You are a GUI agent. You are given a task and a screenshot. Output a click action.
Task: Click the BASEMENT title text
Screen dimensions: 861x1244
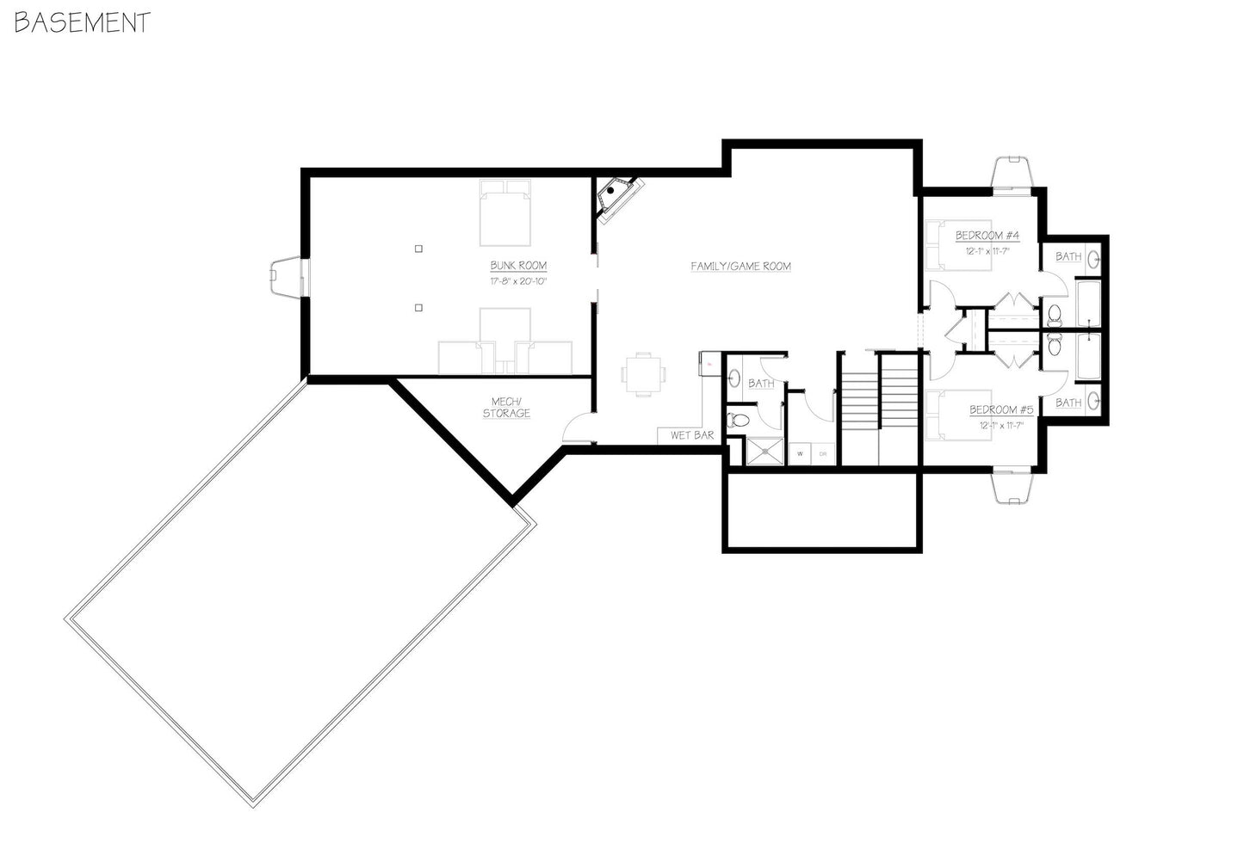83,22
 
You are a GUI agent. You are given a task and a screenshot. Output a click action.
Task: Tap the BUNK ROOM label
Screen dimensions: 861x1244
518,266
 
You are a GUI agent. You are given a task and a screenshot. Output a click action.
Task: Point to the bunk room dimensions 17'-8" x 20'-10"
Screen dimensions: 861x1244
518,281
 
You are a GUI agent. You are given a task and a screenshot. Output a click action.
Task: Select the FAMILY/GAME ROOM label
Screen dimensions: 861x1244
740,267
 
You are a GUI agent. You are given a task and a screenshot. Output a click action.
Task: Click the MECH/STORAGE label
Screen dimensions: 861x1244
506,408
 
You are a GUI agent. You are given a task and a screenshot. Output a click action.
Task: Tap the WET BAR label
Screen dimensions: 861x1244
692,435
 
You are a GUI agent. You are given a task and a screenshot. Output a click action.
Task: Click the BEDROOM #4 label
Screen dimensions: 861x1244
987,236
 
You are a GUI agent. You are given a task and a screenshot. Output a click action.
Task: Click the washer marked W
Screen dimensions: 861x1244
801,453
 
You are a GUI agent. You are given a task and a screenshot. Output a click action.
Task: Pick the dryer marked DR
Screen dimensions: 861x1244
823,453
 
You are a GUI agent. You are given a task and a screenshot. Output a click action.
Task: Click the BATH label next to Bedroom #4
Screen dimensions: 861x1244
1068,256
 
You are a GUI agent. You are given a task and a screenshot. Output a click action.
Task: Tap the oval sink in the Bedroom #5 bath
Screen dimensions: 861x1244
1093,400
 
